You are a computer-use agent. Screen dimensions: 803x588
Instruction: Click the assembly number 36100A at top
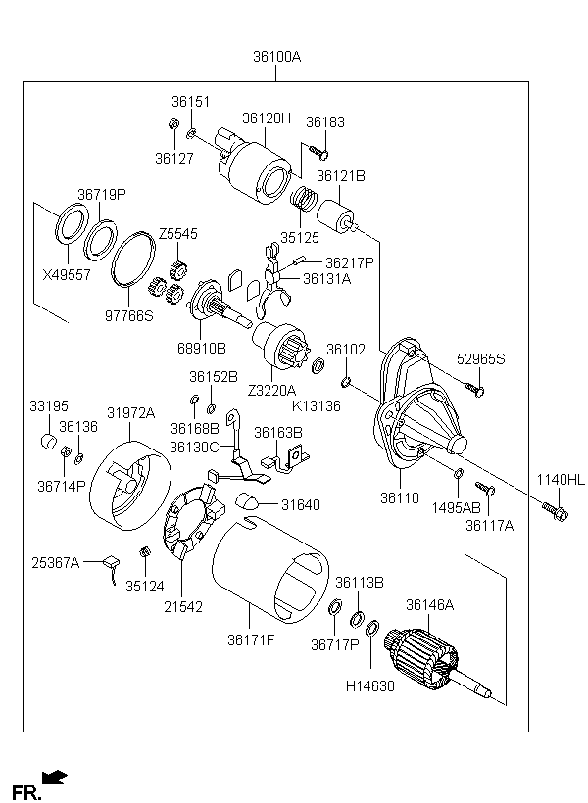coord(276,57)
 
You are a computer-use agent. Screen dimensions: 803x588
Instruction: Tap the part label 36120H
coord(267,118)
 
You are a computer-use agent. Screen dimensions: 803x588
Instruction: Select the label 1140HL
coord(560,480)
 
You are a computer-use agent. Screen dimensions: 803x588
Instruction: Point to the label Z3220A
coord(270,390)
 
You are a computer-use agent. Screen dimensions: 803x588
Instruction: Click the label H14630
coord(370,685)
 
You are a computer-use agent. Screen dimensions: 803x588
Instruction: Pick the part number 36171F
coord(251,640)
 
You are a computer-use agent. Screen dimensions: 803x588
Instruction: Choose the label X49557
coord(67,275)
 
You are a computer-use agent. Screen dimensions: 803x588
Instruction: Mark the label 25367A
coord(55,562)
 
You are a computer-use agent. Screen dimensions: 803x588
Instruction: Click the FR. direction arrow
coord(56,778)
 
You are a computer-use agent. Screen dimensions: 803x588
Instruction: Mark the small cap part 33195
coord(47,440)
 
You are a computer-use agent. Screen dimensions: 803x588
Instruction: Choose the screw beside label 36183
coord(319,151)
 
